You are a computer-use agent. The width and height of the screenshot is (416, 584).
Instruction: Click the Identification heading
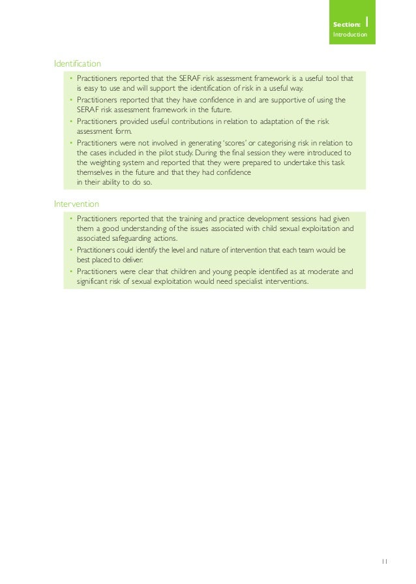[77, 64]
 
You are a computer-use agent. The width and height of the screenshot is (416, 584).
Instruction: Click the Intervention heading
[76, 204]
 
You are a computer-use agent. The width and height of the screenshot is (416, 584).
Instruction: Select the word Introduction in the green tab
[349, 33]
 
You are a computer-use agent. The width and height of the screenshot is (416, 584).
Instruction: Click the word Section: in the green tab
[346, 24]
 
